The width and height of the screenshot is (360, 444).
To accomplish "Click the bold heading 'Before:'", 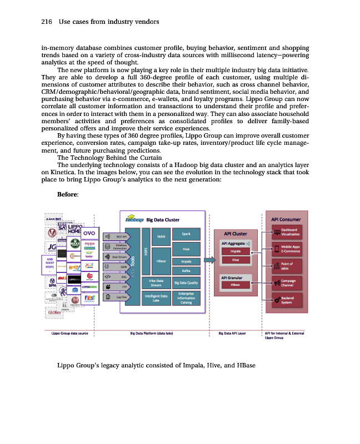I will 68,194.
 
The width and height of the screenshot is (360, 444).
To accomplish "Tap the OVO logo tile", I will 90,233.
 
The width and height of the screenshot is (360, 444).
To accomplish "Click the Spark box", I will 186,234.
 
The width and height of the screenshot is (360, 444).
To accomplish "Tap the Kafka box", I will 186,271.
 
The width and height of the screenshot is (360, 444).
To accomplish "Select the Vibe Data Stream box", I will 156,283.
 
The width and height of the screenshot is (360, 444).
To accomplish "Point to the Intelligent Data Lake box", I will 156,299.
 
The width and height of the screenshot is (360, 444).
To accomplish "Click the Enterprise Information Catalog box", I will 186,298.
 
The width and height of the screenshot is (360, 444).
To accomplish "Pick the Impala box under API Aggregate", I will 236,251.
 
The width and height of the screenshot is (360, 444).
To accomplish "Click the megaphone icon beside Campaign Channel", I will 277,283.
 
